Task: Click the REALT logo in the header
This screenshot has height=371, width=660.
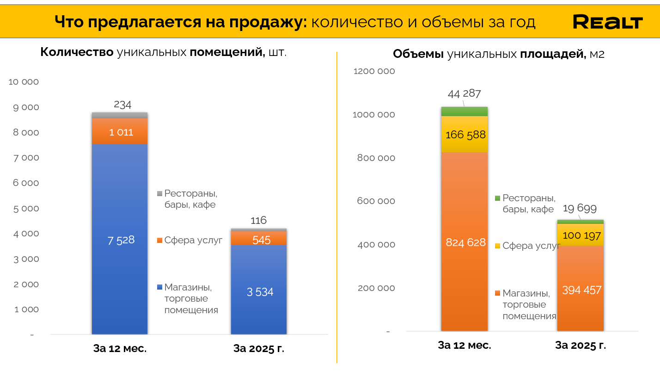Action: point(607,22)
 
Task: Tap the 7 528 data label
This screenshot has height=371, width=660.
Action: point(121,240)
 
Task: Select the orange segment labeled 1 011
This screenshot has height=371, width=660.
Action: point(120,132)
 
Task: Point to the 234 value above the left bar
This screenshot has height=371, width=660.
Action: point(122,105)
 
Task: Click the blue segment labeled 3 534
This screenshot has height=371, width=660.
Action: point(259,292)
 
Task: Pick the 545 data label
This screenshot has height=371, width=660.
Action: point(261,240)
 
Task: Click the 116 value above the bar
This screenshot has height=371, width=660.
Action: point(259,220)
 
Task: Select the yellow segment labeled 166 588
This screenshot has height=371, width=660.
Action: point(464,135)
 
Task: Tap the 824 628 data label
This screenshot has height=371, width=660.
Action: point(465,242)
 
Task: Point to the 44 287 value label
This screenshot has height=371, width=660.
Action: point(464,93)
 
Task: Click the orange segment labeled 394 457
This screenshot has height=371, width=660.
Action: point(581,290)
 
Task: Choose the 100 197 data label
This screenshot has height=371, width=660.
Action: point(581,236)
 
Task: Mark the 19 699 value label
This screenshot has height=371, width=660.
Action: point(580,208)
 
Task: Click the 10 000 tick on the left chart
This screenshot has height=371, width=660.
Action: point(24,82)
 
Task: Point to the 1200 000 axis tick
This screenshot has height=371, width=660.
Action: point(374,71)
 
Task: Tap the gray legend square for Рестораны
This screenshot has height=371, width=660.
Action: point(160,193)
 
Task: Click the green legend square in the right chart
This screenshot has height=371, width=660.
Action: point(497,198)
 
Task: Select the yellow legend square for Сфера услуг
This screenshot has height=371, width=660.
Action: point(497,246)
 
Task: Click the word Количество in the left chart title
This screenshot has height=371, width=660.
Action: point(77,52)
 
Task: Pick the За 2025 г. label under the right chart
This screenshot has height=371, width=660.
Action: point(581,345)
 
